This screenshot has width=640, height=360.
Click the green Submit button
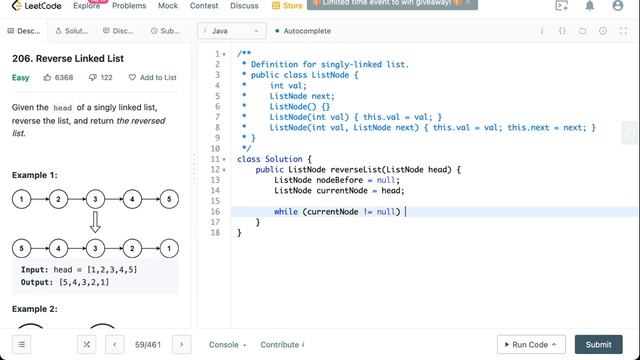pyautogui.click(x=598, y=344)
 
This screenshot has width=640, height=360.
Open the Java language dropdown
pyautogui.click(x=225, y=31)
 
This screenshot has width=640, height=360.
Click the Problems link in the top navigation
pyautogui.click(x=128, y=6)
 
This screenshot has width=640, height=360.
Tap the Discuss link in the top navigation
pyautogui.click(x=243, y=6)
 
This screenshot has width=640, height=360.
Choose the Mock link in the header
pyautogui.click(x=167, y=6)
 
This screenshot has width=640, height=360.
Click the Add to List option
pyautogui.click(x=152, y=77)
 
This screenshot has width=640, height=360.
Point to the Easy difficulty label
pyautogui.click(x=21, y=77)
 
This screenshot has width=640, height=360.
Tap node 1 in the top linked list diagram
pyautogui.click(x=21, y=199)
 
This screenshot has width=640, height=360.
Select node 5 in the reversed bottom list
pyautogui.click(x=21, y=247)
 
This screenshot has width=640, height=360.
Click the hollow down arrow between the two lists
pyautogui.click(x=95, y=222)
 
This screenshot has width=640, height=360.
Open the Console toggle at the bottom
pyautogui.click(x=227, y=344)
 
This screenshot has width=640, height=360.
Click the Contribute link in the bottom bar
pyautogui.click(x=282, y=344)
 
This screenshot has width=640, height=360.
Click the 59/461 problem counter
pyautogui.click(x=148, y=344)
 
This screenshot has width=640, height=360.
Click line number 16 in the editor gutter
pyautogui.click(x=216, y=211)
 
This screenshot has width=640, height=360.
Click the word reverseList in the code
pyautogui.click(x=356, y=169)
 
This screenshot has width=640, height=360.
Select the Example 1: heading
pyautogui.click(x=34, y=175)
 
